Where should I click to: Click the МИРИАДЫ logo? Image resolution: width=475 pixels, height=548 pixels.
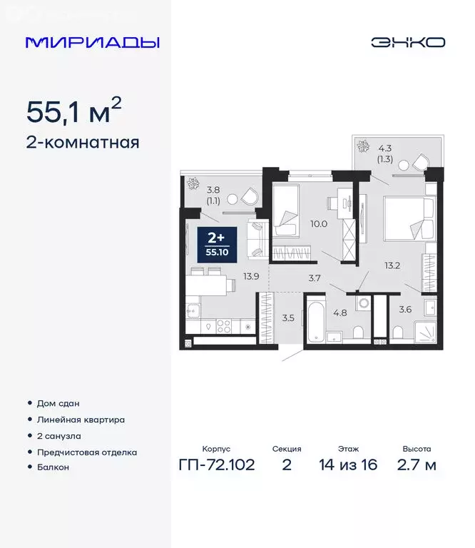[x=92, y=42]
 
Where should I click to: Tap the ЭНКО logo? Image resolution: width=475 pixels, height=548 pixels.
[x=407, y=42]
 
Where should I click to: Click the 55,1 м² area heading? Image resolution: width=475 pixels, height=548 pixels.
[x=73, y=111]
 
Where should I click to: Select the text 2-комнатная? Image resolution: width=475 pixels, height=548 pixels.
[x=82, y=143]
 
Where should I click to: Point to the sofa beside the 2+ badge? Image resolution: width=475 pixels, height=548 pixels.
[x=256, y=240]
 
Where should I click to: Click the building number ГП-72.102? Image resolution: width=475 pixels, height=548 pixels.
[x=216, y=466]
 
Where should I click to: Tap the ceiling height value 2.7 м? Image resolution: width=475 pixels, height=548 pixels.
[x=417, y=466]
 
